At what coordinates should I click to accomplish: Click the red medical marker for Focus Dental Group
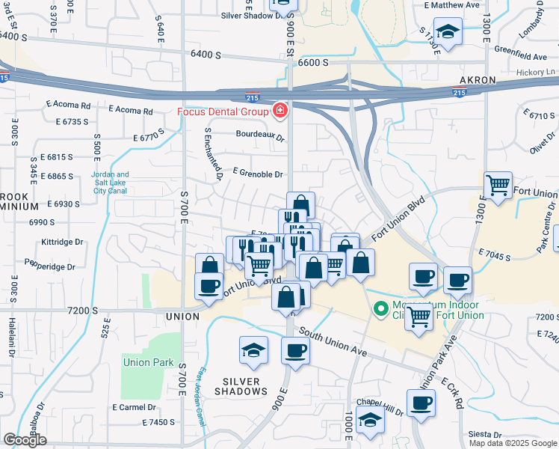279,112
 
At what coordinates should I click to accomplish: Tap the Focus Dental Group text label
222,112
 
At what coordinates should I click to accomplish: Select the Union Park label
148,363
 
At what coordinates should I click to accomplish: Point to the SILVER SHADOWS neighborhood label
241,386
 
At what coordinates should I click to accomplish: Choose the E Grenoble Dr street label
258,174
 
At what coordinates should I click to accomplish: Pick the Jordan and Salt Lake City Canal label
110,183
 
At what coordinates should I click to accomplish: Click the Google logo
25,440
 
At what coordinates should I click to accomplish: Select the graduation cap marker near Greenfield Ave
448,33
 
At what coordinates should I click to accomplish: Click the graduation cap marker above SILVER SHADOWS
253,350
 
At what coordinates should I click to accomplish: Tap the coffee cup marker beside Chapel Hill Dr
421,403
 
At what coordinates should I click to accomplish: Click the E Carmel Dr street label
134,408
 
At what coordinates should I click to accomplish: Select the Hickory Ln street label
540,72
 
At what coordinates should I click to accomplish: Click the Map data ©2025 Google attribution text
513,443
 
